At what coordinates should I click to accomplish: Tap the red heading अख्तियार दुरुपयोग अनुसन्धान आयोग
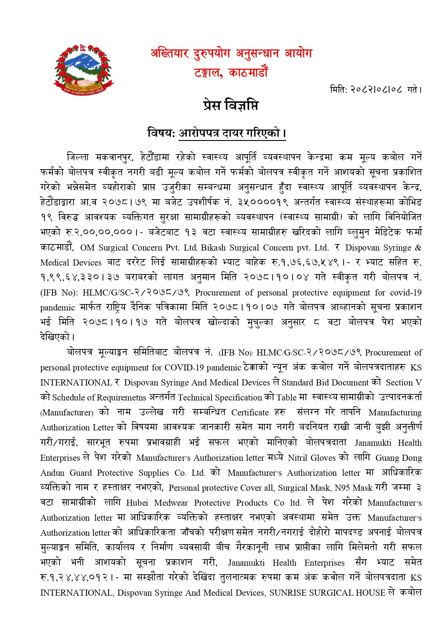(x=231, y=54)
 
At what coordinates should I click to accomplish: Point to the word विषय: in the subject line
(x=161, y=133)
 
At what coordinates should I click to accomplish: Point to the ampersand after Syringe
(x=418, y=248)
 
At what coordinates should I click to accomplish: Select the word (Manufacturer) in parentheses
(x=67, y=413)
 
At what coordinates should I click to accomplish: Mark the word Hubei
(x=137, y=503)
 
